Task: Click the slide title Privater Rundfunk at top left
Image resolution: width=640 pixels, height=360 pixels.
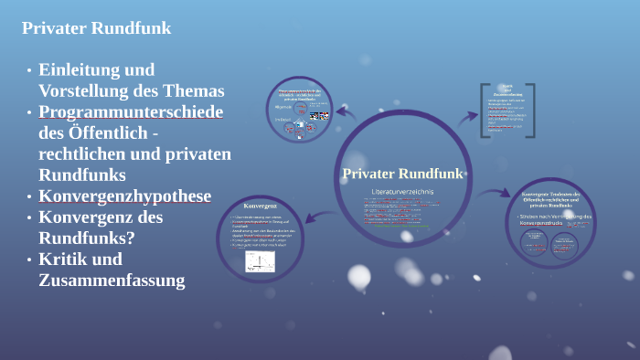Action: click(x=97, y=28)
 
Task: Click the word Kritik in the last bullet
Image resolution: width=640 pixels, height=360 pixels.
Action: click(x=69, y=259)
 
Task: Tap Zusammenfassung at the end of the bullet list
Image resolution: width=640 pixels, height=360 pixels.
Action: click(x=112, y=281)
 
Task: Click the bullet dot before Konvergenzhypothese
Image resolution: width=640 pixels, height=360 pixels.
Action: click(x=29, y=197)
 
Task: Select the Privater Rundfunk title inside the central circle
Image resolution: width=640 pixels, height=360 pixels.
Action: click(x=402, y=175)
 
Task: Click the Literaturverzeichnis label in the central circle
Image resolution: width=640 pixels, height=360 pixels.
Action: click(x=402, y=191)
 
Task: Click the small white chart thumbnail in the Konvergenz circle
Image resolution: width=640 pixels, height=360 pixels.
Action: click(x=260, y=261)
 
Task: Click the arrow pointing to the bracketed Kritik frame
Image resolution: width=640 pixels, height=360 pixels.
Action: click(x=466, y=117)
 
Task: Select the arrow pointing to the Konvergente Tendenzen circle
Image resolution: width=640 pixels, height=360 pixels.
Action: click(x=495, y=194)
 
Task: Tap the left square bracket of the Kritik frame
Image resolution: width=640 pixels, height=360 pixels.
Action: click(x=484, y=111)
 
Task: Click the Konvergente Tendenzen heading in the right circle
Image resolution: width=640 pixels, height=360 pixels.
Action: click(x=558, y=198)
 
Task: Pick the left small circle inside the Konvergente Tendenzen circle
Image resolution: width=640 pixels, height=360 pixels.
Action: click(x=535, y=242)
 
